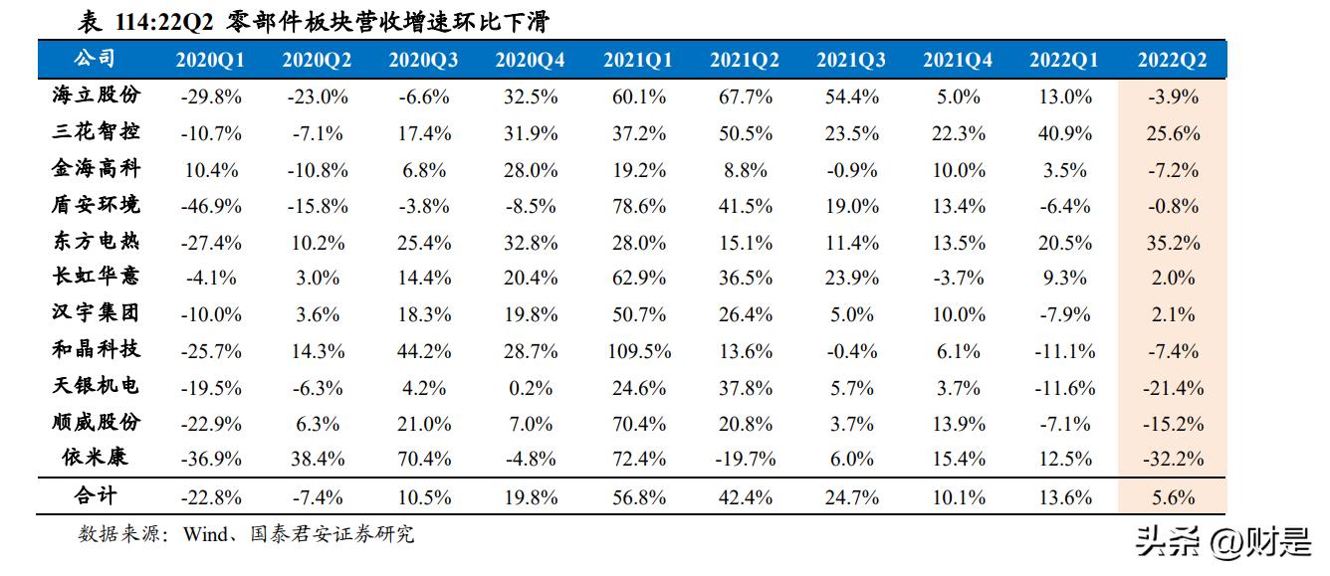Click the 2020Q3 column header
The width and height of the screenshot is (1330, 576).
tap(424, 61)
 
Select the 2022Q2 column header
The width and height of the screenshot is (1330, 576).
tap(1172, 61)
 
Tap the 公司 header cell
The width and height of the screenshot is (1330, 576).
tap(96, 60)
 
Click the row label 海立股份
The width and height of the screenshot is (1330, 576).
tap(96, 96)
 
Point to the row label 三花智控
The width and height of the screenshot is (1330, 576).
tap(96, 132)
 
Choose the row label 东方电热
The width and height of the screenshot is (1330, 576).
tap(96, 242)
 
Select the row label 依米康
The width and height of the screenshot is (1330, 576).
tap(96, 458)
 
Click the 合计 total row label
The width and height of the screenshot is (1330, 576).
tap(96, 496)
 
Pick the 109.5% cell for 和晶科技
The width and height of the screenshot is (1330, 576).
tap(637, 351)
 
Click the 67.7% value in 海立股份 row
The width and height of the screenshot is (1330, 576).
tap(744, 97)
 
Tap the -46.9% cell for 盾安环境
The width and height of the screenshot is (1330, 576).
tap(211, 206)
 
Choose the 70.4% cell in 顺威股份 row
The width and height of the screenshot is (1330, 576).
tap(637, 424)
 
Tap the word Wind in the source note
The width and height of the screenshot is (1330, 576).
tap(205, 535)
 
